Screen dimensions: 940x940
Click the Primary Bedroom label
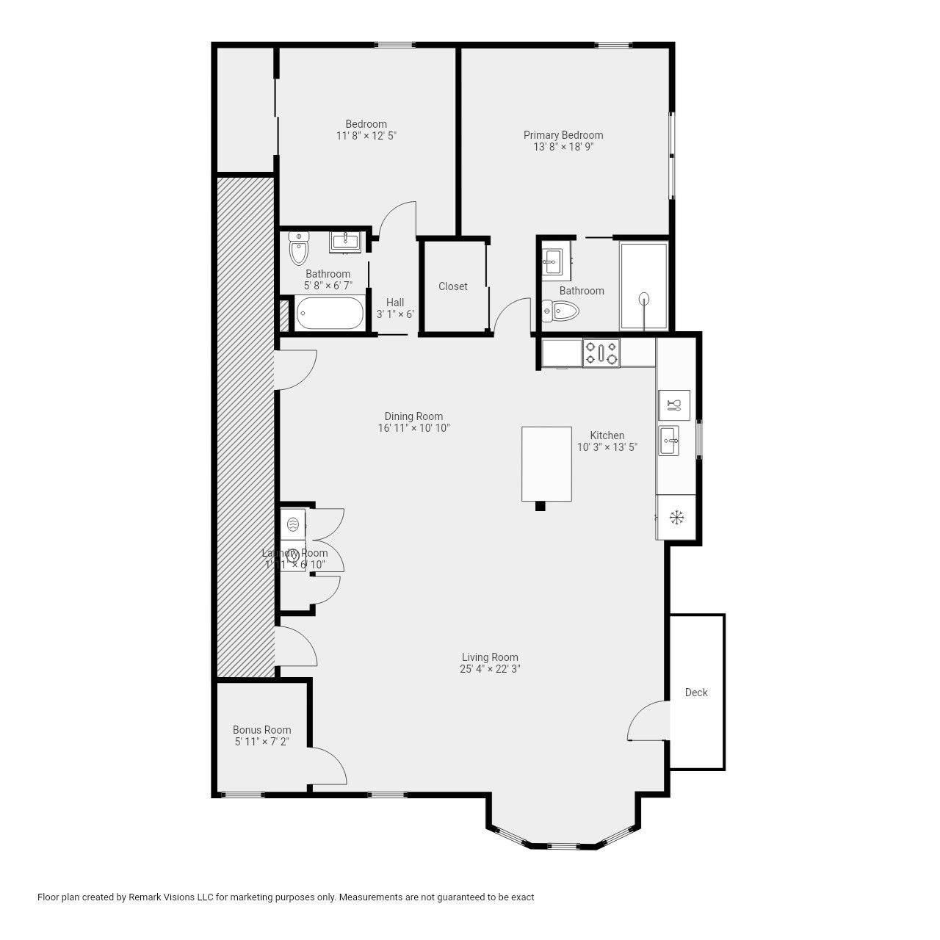click(x=563, y=135)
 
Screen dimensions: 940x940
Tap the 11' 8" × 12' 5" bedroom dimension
click(x=366, y=136)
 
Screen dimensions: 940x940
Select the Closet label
click(x=452, y=286)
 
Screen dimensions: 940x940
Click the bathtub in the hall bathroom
click(x=330, y=314)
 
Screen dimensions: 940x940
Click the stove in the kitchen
click(x=601, y=352)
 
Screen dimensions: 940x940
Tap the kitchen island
click(x=546, y=463)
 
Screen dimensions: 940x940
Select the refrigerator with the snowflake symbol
click(x=676, y=517)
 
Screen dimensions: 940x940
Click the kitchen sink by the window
click(x=669, y=441)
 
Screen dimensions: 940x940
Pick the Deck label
click(x=696, y=693)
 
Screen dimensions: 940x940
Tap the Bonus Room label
click(x=261, y=730)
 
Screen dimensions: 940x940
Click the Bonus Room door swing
click(x=327, y=767)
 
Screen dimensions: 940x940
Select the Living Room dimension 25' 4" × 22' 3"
click(x=490, y=669)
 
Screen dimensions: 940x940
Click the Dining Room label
click(x=413, y=416)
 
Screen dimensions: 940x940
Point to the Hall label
click(x=395, y=303)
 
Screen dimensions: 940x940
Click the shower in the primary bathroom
click(x=644, y=286)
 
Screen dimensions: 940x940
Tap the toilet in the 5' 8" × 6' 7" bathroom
click(x=298, y=248)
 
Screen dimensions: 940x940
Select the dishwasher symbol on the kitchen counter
click(x=674, y=405)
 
